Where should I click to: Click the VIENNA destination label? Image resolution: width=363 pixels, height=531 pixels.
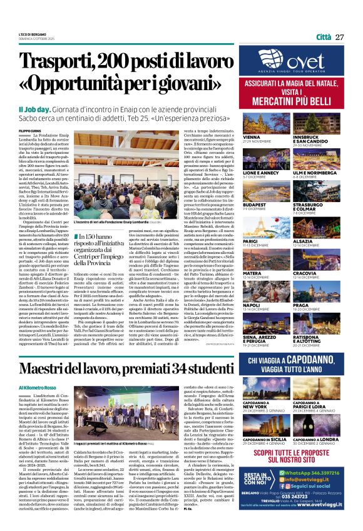coord(252,136)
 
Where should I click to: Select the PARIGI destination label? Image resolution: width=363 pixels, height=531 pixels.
coord(251,240)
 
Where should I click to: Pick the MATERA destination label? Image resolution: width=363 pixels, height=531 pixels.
coord(252,273)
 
